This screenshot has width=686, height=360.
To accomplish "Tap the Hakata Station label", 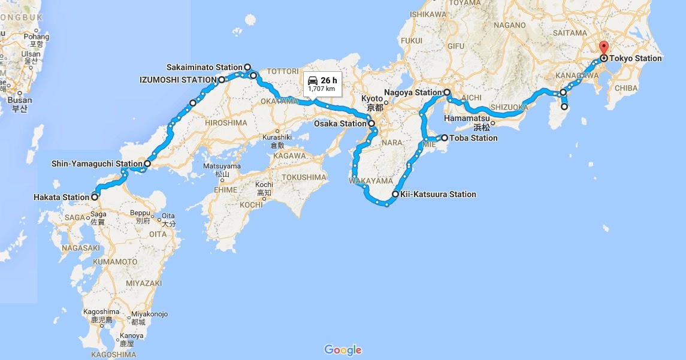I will (x=62, y=196).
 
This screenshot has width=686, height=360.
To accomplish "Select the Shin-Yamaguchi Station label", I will (x=96, y=163).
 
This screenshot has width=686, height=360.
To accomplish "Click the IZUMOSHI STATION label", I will (x=178, y=79).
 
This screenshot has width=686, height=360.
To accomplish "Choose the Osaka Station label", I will (x=339, y=124).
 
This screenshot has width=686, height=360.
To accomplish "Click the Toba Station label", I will (x=474, y=138).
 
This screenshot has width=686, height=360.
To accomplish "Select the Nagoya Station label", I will (x=413, y=93).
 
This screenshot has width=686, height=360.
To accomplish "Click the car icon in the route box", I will (x=312, y=80).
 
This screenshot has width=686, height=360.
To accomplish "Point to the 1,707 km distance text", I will (x=321, y=89).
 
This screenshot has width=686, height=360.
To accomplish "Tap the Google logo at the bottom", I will (x=343, y=350).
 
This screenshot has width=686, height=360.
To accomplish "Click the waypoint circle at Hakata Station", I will (x=95, y=196).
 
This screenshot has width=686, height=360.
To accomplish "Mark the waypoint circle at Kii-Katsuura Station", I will (x=395, y=194).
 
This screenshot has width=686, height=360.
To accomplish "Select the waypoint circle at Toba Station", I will (x=445, y=138).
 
